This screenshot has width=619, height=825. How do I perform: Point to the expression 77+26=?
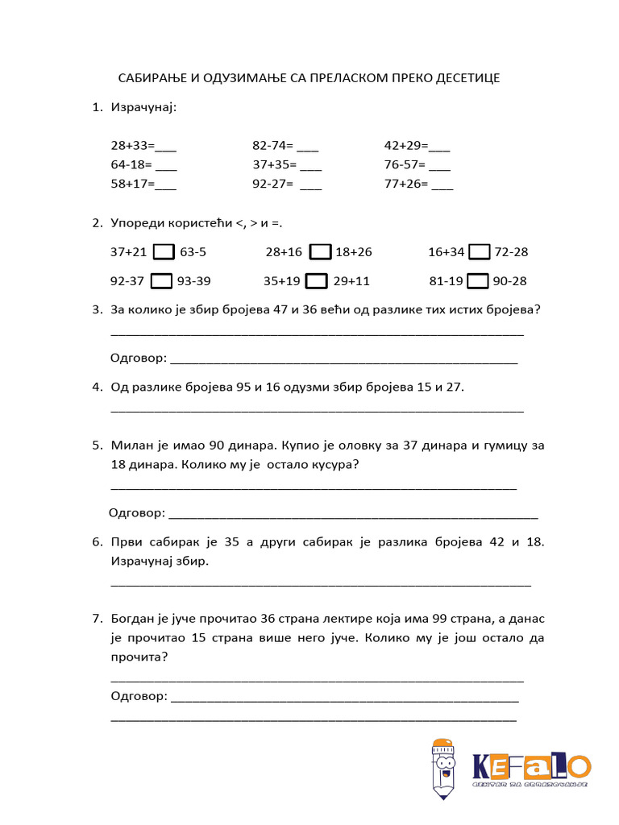pyautogui.click(x=405, y=184)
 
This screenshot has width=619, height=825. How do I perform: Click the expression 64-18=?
pyautogui.click(x=131, y=165)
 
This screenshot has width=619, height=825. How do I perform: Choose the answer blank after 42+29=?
pyautogui.click(x=439, y=148)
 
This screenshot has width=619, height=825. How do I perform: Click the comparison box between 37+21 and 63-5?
pyautogui.click(x=164, y=252)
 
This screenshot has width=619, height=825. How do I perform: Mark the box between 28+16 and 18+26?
pyautogui.click(x=320, y=252)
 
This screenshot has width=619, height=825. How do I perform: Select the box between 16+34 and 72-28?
pyautogui.click(x=480, y=252)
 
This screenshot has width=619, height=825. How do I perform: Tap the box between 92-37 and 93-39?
pyautogui.click(x=162, y=281)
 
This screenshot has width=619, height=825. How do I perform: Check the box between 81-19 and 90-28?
pyautogui.click(x=479, y=281)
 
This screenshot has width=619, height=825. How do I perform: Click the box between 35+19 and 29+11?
pyautogui.click(x=317, y=281)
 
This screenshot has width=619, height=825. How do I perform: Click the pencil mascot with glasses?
pyautogui.click(x=442, y=768)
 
